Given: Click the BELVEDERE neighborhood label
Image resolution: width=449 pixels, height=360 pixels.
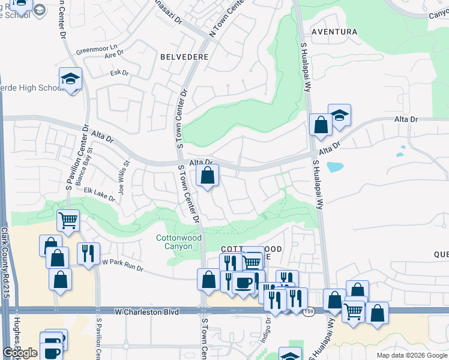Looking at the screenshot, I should [185, 56].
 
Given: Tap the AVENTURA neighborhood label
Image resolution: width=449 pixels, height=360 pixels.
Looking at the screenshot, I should [334, 32].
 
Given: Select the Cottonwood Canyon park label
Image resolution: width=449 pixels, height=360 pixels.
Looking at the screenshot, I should [179, 242].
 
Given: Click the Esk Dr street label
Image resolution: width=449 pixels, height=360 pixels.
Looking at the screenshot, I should [120, 73].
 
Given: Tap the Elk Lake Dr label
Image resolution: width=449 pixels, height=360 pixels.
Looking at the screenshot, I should [99, 194].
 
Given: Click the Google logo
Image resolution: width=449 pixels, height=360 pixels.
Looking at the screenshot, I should [20, 353].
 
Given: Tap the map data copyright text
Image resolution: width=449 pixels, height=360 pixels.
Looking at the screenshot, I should [411, 355].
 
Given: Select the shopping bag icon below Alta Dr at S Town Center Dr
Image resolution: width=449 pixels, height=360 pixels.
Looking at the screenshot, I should [208, 175].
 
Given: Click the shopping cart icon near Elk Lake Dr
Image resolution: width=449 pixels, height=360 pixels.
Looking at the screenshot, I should [68, 220].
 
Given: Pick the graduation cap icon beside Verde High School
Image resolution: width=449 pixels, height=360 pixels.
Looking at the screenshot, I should [70, 79].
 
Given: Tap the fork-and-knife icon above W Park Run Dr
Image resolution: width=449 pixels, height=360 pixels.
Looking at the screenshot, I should [88, 253].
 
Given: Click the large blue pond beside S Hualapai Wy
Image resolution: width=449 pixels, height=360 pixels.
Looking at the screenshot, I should [334, 167].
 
